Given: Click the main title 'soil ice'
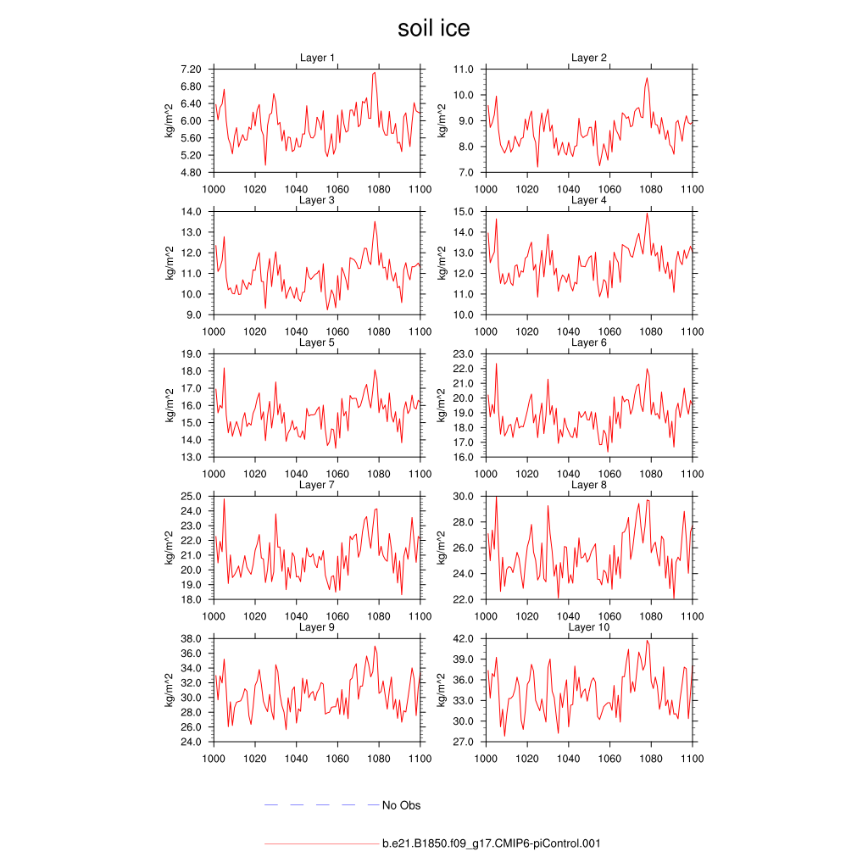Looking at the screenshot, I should click(x=433, y=29).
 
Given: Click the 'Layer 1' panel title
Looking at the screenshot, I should click(x=317, y=58).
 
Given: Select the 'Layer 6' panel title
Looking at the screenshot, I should click(x=588, y=342).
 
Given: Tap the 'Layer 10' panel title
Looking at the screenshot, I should click(x=588, y=627).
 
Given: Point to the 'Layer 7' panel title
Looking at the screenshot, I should click(x=317, y=485).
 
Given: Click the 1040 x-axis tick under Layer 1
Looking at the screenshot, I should click(x=296, y=189).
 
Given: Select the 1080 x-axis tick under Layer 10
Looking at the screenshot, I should click(x=652, y=759).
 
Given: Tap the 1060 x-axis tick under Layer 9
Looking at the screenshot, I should click(x=337, y=759).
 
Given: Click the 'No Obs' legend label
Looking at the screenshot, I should click(x=401, y=805).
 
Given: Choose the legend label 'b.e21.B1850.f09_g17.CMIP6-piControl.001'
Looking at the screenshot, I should click(x=492, y=844).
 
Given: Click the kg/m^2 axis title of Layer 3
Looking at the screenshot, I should click(x=170, y=263).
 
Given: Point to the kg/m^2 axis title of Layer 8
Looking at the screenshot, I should click(x=442, y=548).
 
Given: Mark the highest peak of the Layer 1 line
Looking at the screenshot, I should click(x=375, y=73).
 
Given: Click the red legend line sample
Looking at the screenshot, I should click(x=321, y=844).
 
